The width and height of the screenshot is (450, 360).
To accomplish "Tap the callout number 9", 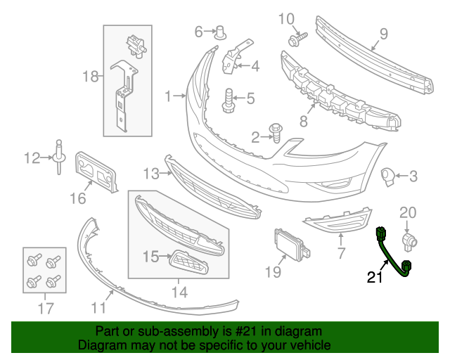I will [x=384, y=32].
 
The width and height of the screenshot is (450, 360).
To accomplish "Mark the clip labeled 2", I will [x=275, y=131].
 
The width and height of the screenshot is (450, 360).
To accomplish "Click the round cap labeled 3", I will [x=387, y=176].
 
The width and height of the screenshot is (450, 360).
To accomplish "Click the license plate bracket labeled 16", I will [x=96, y=170].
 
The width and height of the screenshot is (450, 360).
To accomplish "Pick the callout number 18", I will [x=92, y=77].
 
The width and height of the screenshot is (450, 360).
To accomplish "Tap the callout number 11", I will [x=98, y=307].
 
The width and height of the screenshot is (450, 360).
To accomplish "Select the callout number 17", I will [x=44, y=307].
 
